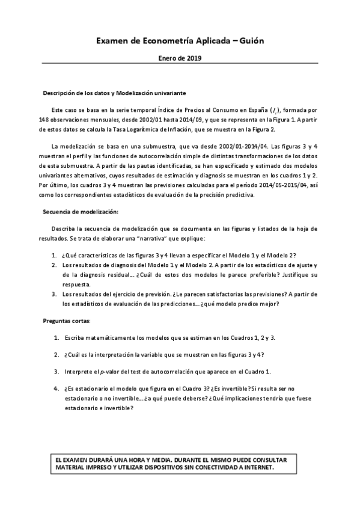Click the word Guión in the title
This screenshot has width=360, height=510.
click(249, 40)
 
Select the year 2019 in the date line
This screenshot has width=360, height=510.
click(193, 58)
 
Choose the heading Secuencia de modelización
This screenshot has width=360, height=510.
click(81, 212)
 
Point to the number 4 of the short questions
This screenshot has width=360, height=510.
click(56, 388)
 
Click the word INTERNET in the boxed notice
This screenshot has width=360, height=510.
click(257, 467)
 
